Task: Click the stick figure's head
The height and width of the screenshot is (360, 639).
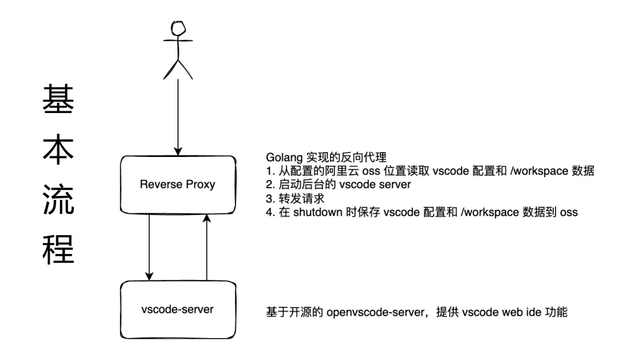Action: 178,28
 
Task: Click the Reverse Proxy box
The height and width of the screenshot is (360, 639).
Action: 178,185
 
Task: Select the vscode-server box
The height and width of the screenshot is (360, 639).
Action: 178,310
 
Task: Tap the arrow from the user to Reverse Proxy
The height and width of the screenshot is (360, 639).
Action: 178,117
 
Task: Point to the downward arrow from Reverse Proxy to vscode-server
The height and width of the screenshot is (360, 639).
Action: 149,247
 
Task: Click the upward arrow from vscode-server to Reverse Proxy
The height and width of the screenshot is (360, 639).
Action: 206,247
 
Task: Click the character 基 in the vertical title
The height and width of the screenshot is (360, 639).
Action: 58,99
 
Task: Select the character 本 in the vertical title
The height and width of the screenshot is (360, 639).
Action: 58,149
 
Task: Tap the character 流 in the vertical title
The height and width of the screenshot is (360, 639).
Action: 58,200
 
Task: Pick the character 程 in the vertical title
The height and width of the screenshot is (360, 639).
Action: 58,249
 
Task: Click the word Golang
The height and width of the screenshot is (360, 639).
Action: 284,157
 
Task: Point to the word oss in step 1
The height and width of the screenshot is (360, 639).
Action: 371,171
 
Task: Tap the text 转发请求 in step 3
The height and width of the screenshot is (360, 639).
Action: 302,198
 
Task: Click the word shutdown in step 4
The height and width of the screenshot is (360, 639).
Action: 318,212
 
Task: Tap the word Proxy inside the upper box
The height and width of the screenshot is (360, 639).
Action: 201,185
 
